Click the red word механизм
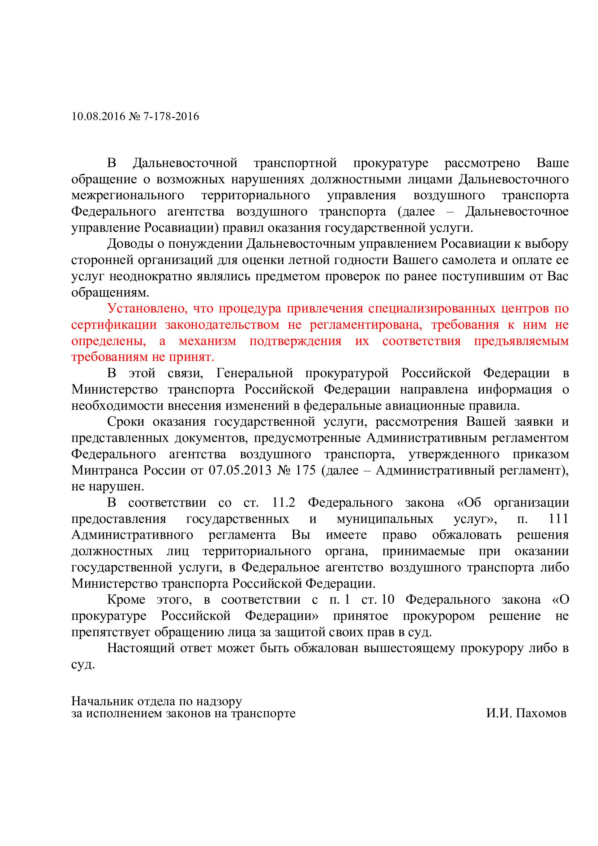pyautogui.click(x=207, y=341)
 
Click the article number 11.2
pyautogui.click(x=283, y=503)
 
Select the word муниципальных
pyautogui.click(x=385, y=519)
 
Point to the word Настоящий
pyautogui.click(x=141, y=648)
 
